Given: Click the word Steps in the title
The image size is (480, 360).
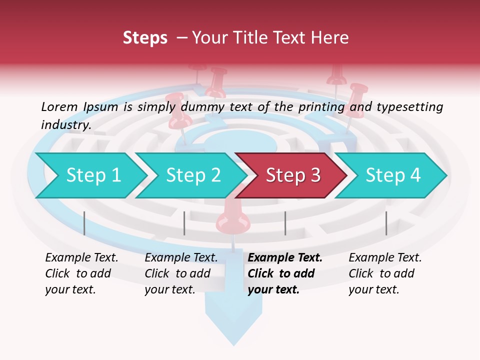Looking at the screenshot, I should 145,38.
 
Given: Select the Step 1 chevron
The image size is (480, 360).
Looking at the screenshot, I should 90,175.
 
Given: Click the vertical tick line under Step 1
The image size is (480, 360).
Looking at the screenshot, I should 84,223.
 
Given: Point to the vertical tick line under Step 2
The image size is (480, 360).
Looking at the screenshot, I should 184,223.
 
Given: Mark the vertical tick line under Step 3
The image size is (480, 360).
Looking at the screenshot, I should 285,223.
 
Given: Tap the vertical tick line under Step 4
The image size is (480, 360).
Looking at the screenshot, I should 386,223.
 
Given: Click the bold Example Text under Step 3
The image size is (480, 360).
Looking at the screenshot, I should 285,258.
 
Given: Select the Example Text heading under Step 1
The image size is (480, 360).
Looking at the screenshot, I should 81,258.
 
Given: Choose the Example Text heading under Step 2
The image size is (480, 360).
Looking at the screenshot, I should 181,258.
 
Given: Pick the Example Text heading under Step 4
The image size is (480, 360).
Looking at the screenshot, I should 385,258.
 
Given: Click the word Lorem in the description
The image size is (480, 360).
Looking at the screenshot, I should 59,106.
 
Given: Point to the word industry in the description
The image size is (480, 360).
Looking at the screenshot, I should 65,125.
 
